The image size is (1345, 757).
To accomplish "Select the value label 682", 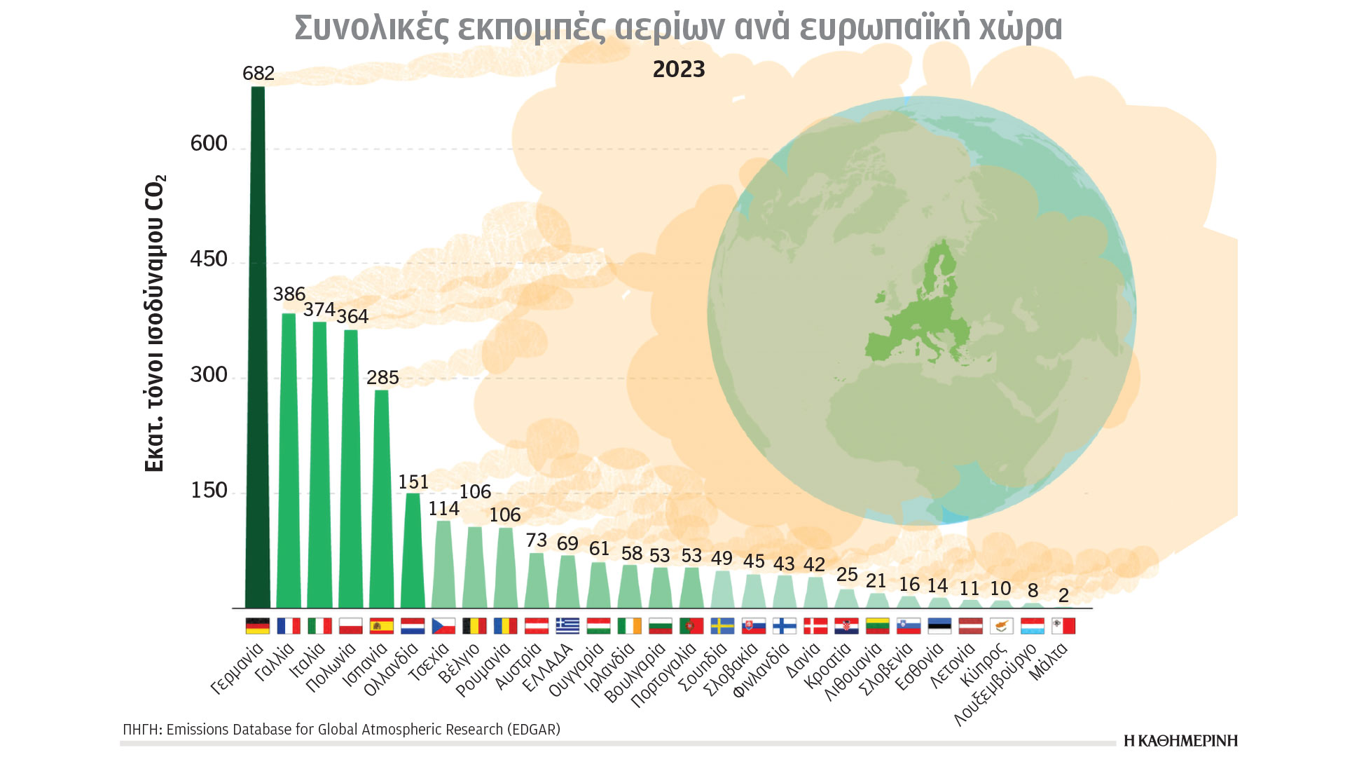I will (x=258, y=74).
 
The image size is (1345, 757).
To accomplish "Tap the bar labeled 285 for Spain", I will (x=382, y=498).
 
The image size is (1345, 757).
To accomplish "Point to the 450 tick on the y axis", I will (x=209, y=259).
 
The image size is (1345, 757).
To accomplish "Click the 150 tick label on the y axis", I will (x=209, y=491).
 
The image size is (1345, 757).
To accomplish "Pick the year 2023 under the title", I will (x=678, y=69).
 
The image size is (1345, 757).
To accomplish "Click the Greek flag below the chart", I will (x=567, y=625).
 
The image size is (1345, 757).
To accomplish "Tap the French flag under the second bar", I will (x=289, y=625).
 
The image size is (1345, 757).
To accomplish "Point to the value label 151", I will (x=413, y=482).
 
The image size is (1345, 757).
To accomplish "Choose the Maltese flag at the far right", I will (x=1063, y=625).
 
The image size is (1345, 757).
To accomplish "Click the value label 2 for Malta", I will (x=1063, y=595).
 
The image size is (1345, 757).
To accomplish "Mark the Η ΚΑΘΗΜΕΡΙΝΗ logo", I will (x=1180, y=741).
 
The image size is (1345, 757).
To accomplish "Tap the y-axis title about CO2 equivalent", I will (x=154, y=322).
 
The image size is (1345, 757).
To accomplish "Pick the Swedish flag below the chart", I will (x=722, y=625).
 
